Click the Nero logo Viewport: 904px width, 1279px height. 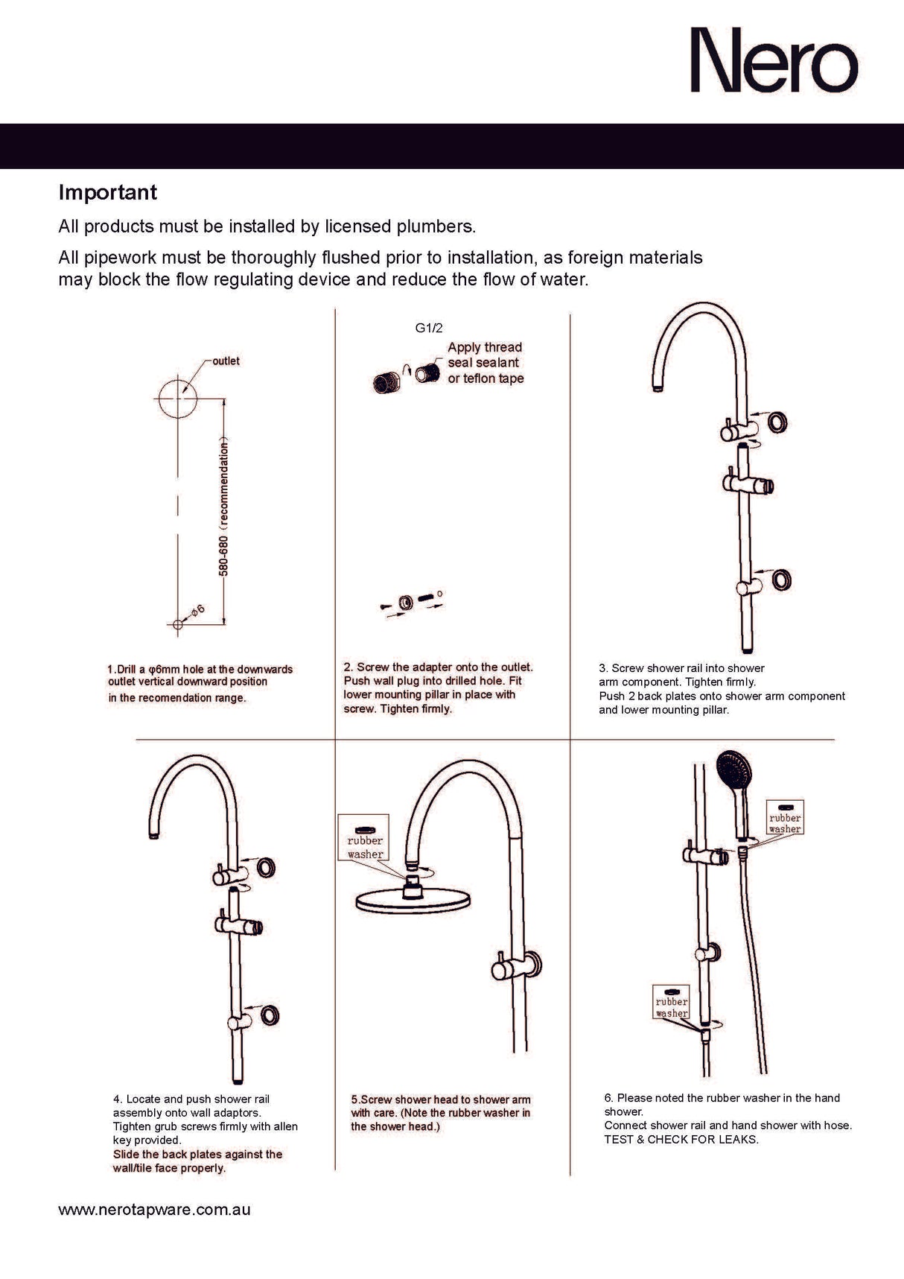pos(774,60)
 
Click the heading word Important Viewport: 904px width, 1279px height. pos(108,192)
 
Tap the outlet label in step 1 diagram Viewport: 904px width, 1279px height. pos(226,361)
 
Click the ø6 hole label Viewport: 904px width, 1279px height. pos(197,612)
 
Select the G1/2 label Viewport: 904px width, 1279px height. pos(429,328)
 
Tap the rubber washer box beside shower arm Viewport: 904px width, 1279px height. pos(364,838)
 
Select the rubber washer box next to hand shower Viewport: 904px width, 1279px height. pos(785,818)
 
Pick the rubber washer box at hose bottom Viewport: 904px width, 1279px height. pos(671,1002)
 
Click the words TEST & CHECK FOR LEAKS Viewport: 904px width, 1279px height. pos(681,1140)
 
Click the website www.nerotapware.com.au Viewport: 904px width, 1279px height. pos(154,1210)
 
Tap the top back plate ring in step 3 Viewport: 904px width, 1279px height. pos(777,422)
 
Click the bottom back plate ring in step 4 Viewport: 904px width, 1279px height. pos(268,1015)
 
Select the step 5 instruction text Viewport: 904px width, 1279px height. pos(441,1113)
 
